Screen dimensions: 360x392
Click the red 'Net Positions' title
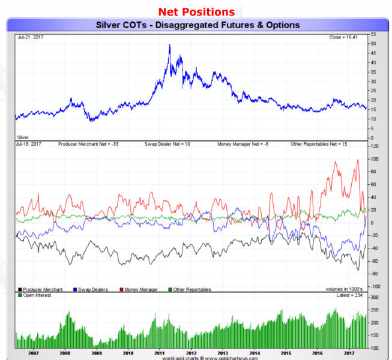pos(197,12)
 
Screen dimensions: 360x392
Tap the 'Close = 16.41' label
pos(343,37)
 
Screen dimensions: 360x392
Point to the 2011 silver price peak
pos(169,45)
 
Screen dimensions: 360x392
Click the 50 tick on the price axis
pos(373,44)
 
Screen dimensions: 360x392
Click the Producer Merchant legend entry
pos(40,290)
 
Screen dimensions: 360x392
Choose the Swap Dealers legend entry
pos(91,290)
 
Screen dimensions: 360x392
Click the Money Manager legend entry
pos(139,290)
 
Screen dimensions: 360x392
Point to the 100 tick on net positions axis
pos(375,160)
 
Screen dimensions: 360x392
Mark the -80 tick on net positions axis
pos(374,274)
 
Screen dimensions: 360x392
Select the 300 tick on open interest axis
pos(375,298)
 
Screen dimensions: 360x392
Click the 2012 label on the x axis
pos(192,353)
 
